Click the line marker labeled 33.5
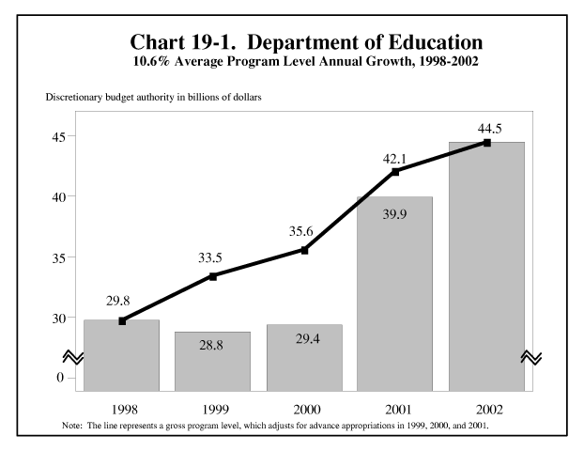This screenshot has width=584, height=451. point(213,276)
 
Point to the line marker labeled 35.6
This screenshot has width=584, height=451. point(304,250)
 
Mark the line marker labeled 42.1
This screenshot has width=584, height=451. point(395,172)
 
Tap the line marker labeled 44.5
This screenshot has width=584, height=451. point(486,143)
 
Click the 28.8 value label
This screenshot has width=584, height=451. point(212,347)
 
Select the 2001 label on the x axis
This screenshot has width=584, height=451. point(395,410)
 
